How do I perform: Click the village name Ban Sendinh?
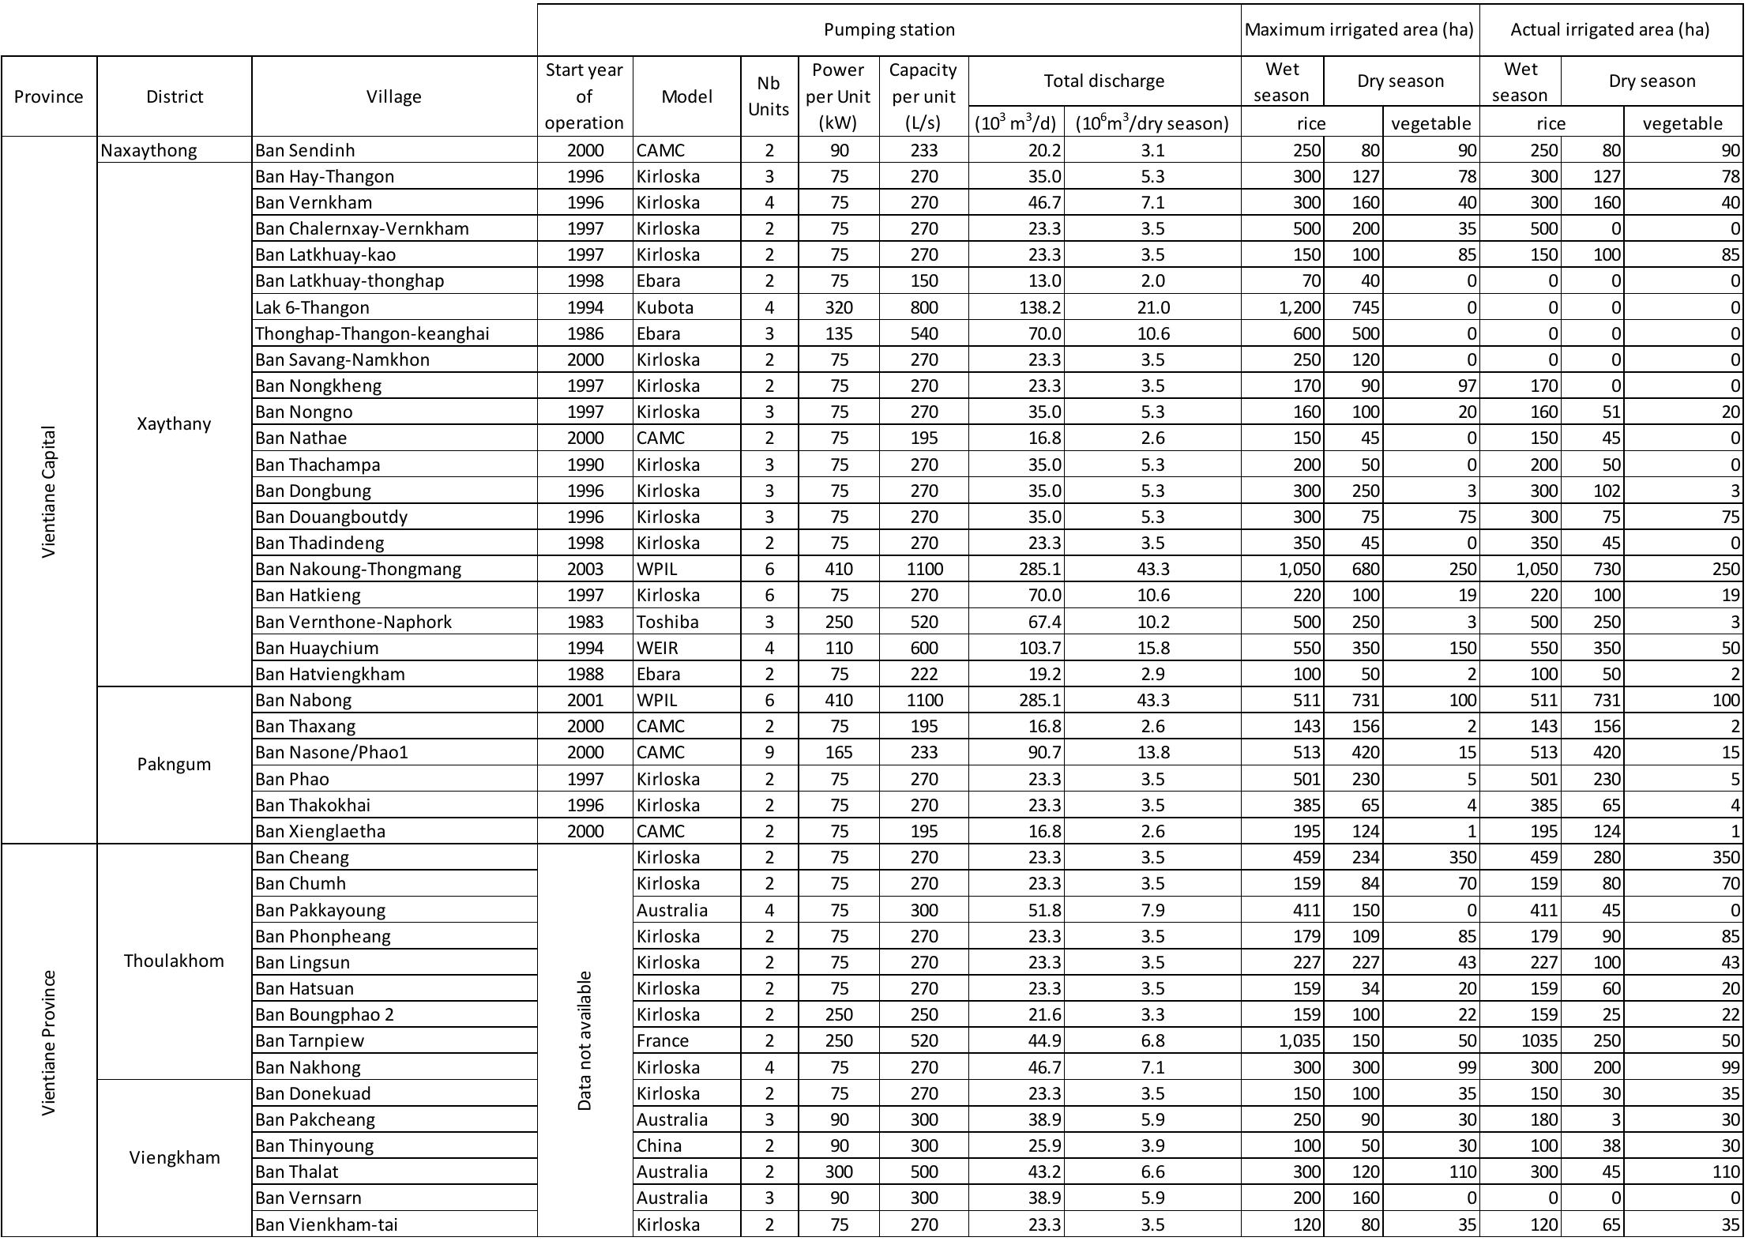coord(305,150)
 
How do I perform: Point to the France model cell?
coord(663,1040)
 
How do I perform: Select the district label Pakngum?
coord(174,764)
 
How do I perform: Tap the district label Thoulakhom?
coord(174,961)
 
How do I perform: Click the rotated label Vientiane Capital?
coord(49,491)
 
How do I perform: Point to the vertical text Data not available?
coord(585,1040)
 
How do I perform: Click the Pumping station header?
coord(889,30)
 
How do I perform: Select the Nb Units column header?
coord(769,96)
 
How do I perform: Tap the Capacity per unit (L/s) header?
coord(923,96)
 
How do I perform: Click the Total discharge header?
coord(1103,81)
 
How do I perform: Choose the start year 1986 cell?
coord(585,333)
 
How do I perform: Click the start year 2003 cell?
coord(585,569)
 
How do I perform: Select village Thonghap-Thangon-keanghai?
coord(372,333)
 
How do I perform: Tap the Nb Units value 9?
coord(769,752)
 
